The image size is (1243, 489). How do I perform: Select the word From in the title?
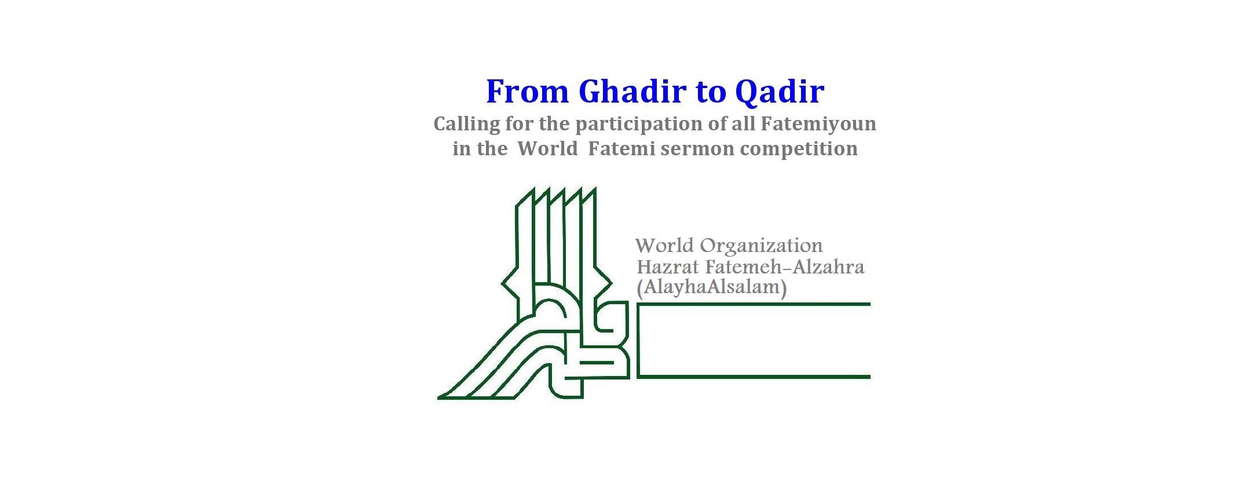(527, 92)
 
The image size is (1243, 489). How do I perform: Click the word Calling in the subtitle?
(467, 125)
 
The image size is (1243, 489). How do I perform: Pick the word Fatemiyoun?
(818, 125)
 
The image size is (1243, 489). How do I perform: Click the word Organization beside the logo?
(761, 246)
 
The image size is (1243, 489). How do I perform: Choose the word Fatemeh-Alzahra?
(785, 267)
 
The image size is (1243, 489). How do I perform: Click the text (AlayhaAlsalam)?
(712, 287)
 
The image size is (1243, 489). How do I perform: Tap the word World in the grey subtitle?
(547, 148)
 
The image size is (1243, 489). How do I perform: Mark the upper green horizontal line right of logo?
(754, 304)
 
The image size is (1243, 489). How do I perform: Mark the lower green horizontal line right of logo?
(754, 377)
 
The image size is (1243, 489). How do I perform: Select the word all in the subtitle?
(743, 124)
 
